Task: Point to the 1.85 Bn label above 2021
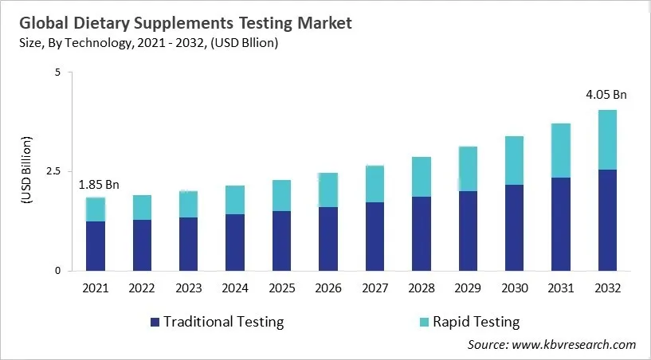coord(98,185)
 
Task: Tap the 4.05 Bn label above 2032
coord(606,95)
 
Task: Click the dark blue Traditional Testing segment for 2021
coord(96,245)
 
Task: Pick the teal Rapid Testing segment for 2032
coord(606,139)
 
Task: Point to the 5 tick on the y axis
coord(57,72)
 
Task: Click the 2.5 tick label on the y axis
coord(53,171)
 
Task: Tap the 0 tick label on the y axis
coord(57,271)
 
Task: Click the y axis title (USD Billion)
coord(26,171)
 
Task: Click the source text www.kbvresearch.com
coord(574,344)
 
